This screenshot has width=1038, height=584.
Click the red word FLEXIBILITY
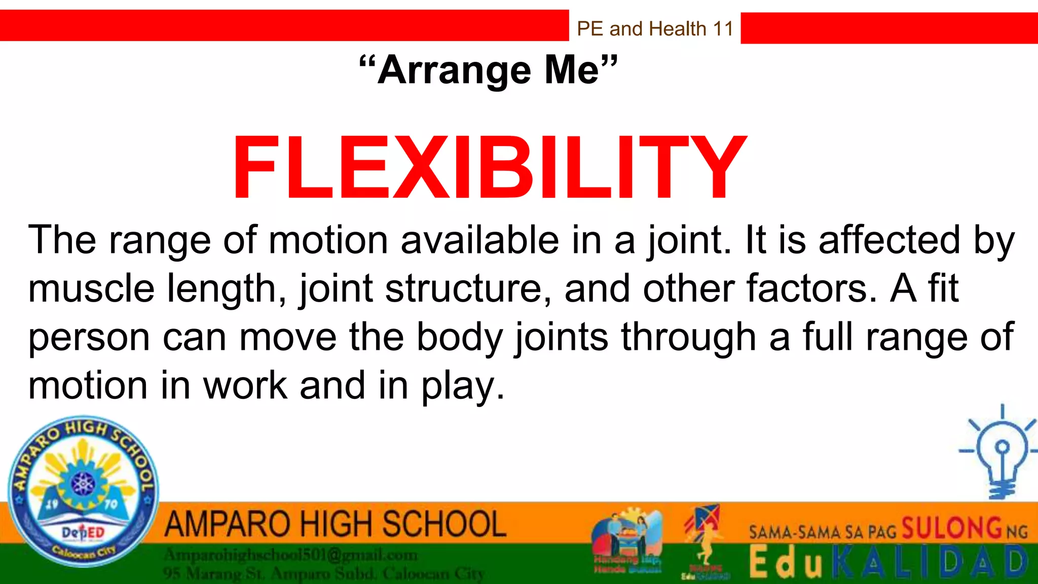(x=489, y=168)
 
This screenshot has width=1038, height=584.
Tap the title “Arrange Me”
(x=489, y=70)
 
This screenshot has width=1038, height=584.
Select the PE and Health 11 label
(x=655, y=29)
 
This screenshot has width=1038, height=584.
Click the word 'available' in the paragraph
(x=480, y=240)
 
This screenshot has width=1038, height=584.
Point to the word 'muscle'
(x=91, y=288)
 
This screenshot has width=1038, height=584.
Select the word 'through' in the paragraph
(x=689, y=337)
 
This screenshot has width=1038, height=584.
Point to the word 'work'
(x=245, y=385)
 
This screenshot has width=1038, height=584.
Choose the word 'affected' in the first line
(x=889, y=240)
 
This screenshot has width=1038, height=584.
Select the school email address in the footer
(x=290, y=556)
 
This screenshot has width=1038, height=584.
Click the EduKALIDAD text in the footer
(x=888, y=563)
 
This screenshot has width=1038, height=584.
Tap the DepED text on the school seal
(x=83, y=532)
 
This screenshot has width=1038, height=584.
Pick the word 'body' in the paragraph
(x=459, y=337)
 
